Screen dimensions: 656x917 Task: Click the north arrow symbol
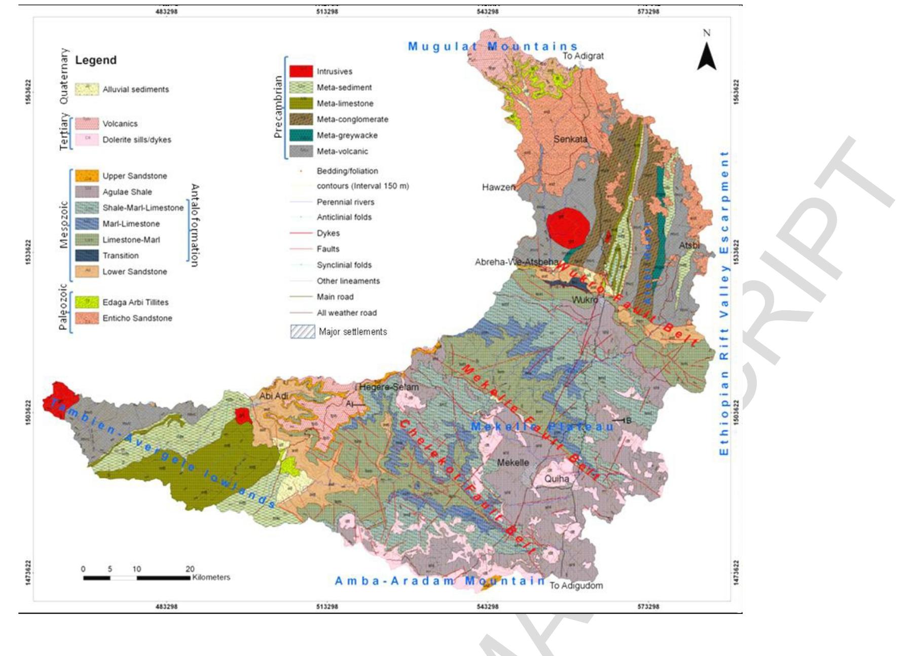point(707,57)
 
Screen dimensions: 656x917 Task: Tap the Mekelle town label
point(513,462)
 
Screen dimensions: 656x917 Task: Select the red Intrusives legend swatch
point(301,71)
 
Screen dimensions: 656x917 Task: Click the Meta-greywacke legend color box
point(301,135)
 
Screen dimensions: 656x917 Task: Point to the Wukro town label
point(585,300)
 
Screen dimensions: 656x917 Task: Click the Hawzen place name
point(498,187)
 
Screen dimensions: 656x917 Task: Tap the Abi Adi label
point(273,396)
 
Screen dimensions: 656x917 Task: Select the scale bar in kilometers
point(137,577)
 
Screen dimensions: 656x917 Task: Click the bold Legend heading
point(96,60)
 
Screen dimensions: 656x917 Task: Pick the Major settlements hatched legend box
point(302,332)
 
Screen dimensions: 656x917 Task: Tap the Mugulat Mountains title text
point(493,47)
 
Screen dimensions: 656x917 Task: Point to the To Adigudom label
point(576,586)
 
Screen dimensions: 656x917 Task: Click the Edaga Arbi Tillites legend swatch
point(87,302)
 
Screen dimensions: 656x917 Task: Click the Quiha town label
point(557,478)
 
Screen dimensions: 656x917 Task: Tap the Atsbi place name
point(689,246)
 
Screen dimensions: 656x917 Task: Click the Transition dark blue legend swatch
point(87,256)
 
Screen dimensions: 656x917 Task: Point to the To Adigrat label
point(583,56)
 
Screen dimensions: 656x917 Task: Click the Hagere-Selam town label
point(389,387)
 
